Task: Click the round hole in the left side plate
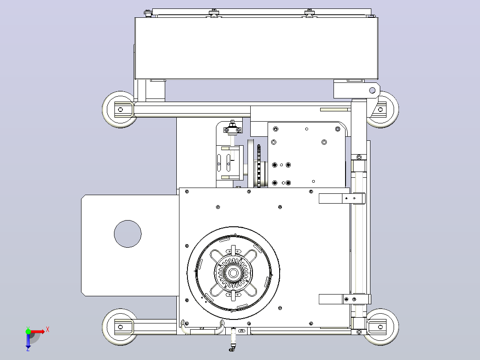point(128,234)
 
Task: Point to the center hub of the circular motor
point(233,273)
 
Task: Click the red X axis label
point(48,330)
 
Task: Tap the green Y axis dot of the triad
point(28,331)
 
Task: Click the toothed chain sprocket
point(259,165)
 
